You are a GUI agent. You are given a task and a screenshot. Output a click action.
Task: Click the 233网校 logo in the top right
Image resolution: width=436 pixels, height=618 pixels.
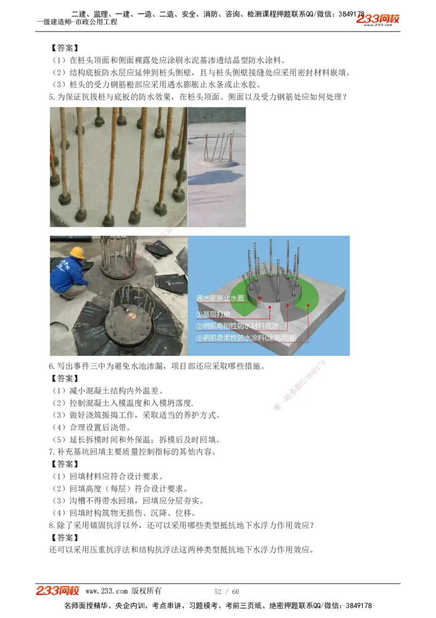click(378, 19)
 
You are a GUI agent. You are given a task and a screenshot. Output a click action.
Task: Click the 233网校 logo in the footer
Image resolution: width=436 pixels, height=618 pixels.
click(58, 591)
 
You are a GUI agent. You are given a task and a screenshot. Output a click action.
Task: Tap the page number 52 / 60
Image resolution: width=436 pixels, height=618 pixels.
click(227, 591)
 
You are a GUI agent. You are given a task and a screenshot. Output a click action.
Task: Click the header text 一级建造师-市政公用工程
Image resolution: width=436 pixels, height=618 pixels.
click(76, 22)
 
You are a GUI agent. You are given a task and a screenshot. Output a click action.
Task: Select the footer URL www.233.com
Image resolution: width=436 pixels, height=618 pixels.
click(107, 591)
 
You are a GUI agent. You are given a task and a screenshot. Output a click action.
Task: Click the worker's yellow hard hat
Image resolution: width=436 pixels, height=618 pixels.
click(78, 252)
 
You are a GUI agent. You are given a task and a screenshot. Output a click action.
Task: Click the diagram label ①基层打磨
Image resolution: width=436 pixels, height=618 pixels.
click(214, 314)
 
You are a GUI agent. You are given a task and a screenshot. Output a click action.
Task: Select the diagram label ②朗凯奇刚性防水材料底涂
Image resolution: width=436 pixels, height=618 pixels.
click(237, 326)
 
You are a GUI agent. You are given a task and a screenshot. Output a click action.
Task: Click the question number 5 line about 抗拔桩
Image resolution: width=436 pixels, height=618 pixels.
click(198, 97)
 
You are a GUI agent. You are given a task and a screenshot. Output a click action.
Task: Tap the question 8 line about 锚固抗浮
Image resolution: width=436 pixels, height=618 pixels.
click(189, 525)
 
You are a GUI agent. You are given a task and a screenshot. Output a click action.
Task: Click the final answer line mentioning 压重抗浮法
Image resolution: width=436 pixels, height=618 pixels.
click(181, 549)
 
